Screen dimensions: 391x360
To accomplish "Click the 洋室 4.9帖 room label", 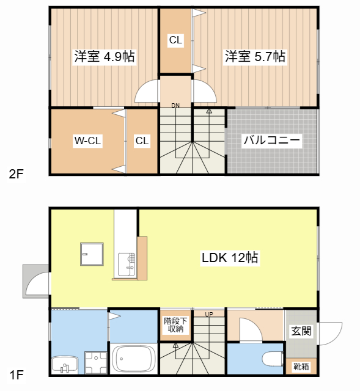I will pyautogui.click(x=104, y=57).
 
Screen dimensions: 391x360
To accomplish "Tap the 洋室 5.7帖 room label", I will pyautogui.click(x=255, y=57).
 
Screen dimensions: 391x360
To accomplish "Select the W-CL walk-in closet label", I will pyautogui.click(x=87, y=141).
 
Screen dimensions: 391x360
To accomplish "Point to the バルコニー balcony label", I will pyautogui.click(x=271, y=141).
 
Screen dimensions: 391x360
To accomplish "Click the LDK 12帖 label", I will pyautogui.click(x=230, y=258).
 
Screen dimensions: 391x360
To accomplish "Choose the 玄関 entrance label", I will pyautogui.click(x=301, y=331).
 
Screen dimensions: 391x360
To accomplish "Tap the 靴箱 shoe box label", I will pyautogui.click(x=301, y=367).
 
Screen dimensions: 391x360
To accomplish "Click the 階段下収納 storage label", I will pyautogui.click(x=176, y=325).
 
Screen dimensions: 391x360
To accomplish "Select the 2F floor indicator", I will pyautogui.click(x=16, y=174).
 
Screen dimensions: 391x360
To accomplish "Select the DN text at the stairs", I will pyautogui.click(x=175, y=106).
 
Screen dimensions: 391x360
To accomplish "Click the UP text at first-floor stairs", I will pyautogui.click(x=209, y=315).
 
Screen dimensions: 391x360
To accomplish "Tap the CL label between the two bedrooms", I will pyautogui.click(x=175, y=41).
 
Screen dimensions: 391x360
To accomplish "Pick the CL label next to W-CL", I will pyautogui.click(x=142, y=141).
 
